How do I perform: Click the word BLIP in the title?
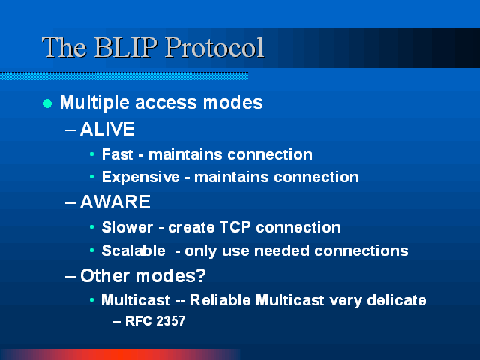pos(126,47)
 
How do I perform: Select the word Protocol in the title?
pos(215,47)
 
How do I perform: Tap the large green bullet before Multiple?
pos(47,103)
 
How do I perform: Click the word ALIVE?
pos(107,129)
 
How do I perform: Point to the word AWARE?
pos(115,202)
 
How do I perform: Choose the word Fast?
pos(118,154)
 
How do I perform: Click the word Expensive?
pos(141,178)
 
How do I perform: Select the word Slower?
pos(127,227)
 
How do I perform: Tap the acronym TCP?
pos(235,227)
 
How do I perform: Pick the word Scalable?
pos(133,250)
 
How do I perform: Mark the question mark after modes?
pos(200,275)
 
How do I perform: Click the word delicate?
pos(397,300)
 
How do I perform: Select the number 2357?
pos(170,321)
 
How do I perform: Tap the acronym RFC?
pos(139,321)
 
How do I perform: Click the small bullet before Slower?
pos(91,227)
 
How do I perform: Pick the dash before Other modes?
pos(70,276)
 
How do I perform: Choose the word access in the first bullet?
pos(166,103)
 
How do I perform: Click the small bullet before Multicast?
pos(91,300)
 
